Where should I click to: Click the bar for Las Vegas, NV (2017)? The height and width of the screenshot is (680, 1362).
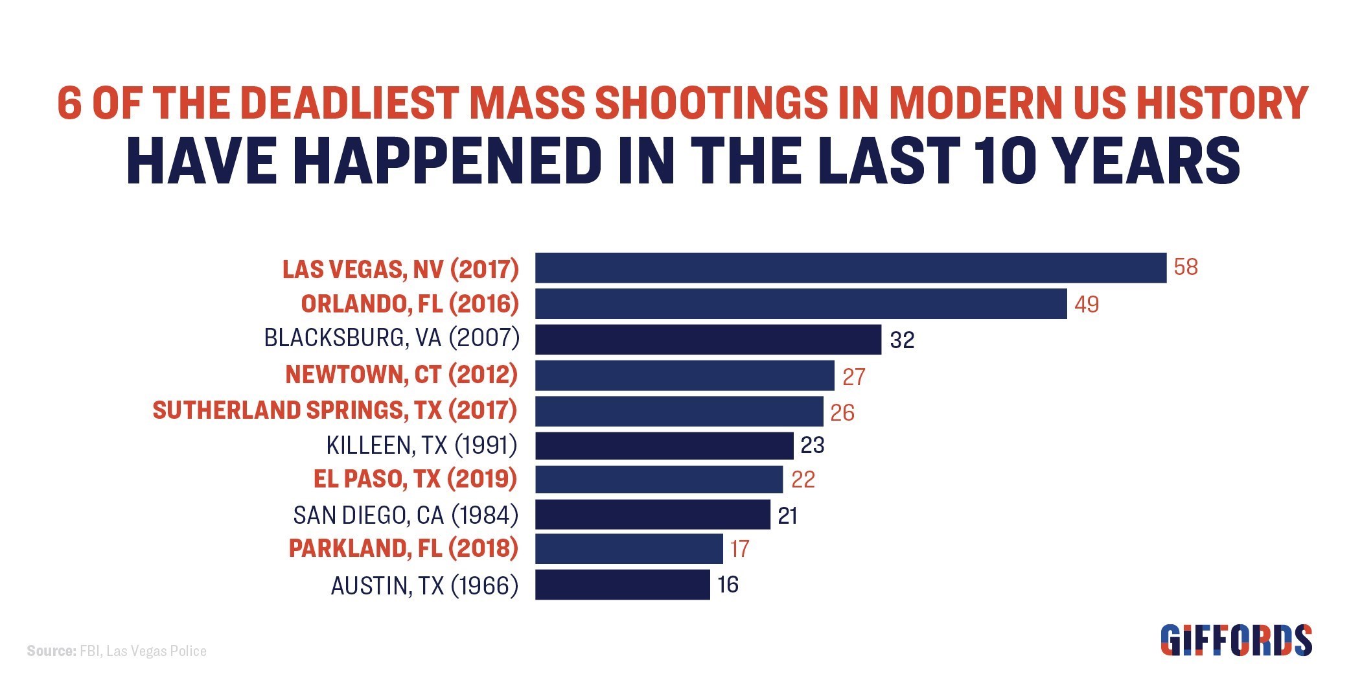click(850, 268)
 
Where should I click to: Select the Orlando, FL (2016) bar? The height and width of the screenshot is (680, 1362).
click(800, 303)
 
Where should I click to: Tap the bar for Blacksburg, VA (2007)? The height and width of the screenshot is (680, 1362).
click(708, 339)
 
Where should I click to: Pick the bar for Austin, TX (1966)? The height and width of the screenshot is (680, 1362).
click(622, 585)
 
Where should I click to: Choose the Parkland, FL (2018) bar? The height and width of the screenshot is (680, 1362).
click(629, 548)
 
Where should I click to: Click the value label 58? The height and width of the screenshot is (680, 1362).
click(1186, 267)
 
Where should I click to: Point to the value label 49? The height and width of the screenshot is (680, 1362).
click(1087, 304)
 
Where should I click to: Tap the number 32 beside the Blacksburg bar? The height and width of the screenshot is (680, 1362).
click(902, 340)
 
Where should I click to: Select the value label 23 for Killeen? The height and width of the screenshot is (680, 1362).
click(813, 445)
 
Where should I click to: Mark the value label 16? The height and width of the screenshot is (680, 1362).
click(728, 585)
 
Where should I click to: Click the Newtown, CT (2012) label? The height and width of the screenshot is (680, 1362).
click(402, 374)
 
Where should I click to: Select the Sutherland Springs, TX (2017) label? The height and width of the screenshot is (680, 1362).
click(335, 410)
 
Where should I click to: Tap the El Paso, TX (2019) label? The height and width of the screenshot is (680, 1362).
click(415, 479)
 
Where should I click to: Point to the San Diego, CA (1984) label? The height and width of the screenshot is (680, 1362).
click(406, 515)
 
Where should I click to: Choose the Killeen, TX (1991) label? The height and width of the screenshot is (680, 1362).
click(422, 445)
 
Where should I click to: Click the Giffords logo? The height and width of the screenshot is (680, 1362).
click(1236, 640)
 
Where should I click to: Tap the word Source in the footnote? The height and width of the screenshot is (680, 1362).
click(51, 651)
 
